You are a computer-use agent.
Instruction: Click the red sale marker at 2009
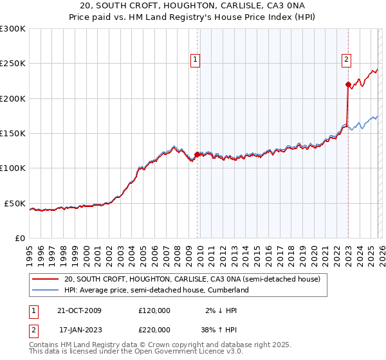[197, 154]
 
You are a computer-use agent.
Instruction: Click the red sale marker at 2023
[348, 84]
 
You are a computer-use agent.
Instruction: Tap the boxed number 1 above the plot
[194, 60]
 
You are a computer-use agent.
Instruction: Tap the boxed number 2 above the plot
[345, 60]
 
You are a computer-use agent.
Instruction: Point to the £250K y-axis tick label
[12, 64]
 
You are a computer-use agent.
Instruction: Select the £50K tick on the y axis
[15, 203]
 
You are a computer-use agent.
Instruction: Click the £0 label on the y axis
[19, 238]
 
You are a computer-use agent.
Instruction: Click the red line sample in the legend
[45, 280]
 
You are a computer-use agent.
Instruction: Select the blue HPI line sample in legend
[45, 291]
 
